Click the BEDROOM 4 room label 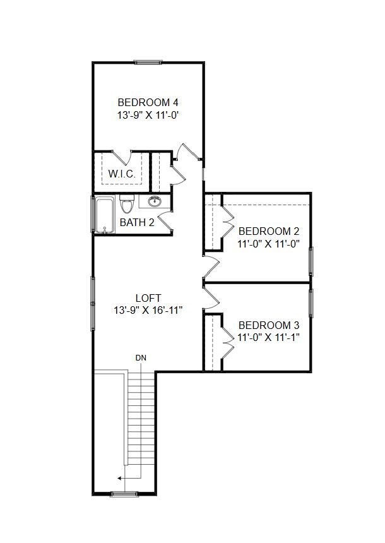pyautogui.click(x=148, y=102)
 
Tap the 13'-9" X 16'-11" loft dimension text pyautogui.click(x=148, y=310)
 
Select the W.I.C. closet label pyautogui.click(x=122, y=174)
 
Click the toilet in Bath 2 pyautogui.click(x=126, y=204)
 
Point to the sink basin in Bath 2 pyautogui.click(x=155, y=201)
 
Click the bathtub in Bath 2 pyautogui.click(x=104, y=215)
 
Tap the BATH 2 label pyautogui.click(x=137, y=222)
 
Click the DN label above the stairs pyautogui.click(x=141, y=358)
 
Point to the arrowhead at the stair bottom pyautogui.click(x=119, y=479)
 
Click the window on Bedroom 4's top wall pyautogui.click(x=148, y=63)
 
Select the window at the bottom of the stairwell pyautogui.click(x=124, y=494)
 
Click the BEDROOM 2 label pyautogui.click(x=269, y=231)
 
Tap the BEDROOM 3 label pyautogui.click(x=269, y=326)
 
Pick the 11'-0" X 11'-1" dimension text pyautogui.click(x=268, y=337)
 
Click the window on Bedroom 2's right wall pyautogui.click(x=311, y=261)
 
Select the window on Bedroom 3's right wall pyautogui.click(x=311, y=303)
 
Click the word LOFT pyautogui.click(x=148, y=298)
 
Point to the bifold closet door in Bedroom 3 pyautogui.click(x=227, y=341)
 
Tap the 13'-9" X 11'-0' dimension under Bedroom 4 pyautogui.click(x=148, y=115)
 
